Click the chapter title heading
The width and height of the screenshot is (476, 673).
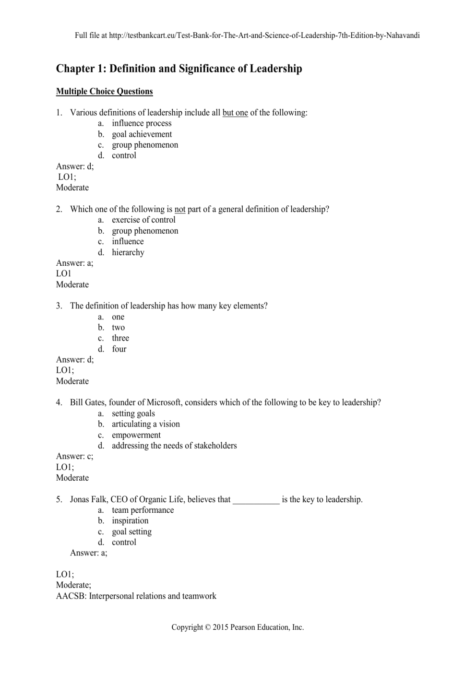179,69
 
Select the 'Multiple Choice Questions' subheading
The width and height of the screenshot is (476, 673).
104,91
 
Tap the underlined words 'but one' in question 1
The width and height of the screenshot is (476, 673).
235,113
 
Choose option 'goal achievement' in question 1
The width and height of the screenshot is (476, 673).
142,134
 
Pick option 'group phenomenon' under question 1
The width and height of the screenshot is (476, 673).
145,145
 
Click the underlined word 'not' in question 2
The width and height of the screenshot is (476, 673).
180,209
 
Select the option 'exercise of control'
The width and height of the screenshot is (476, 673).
143,220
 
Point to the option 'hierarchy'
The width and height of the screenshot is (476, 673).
128,252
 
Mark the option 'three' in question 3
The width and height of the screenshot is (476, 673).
120,338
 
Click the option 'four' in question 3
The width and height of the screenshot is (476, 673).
119,349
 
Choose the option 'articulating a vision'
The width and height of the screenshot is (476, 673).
145,424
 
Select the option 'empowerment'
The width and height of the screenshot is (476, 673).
136,435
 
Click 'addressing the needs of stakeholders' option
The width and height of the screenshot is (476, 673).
174,446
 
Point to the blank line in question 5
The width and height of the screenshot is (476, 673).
256,500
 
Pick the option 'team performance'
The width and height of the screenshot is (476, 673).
143,510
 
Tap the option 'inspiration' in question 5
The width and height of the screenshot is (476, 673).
130,521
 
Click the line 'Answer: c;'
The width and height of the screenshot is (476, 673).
74,456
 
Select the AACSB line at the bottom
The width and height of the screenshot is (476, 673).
136,596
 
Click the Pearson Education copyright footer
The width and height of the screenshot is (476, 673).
238,627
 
